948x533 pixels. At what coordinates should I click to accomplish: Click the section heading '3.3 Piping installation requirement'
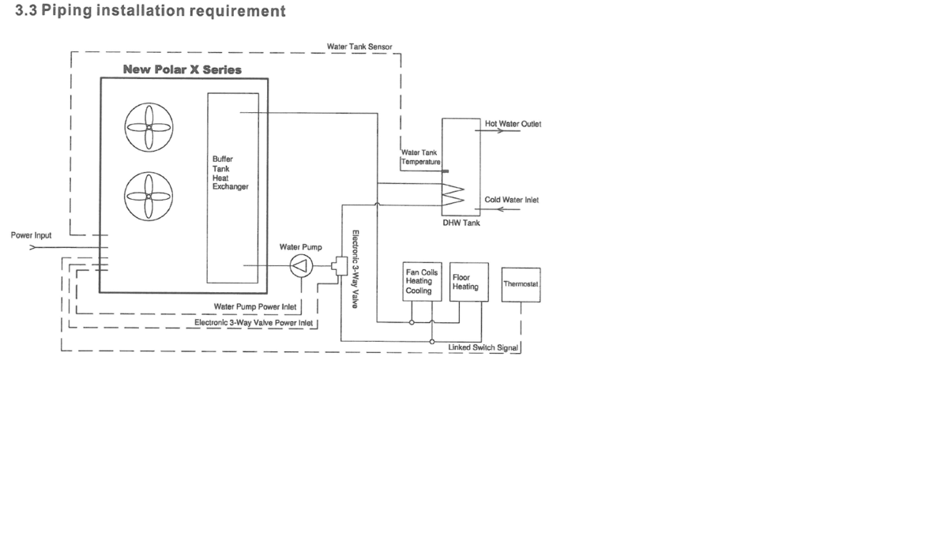pyautogui.click(x=150, y=12)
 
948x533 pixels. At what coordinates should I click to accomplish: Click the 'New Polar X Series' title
pyautogui.click(x=182, y=69)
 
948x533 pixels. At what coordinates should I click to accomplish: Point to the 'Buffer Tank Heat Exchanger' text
pyautogui.click(x=230, y=173)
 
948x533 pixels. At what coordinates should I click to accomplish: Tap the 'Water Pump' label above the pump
pyautogui.click(x=301, y=247)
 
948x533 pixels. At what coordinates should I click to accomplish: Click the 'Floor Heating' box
pyautogui.click(x=465, y=281)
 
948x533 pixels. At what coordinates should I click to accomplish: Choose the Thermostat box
pyautogui.click(x=521, y=283)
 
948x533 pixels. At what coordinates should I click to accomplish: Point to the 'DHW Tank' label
pyautogui.click(x=461, y=223)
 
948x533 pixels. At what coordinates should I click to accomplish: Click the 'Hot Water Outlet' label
pyautogui.click(x=513, y=124)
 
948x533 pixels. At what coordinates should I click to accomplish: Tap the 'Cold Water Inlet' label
pyautogui.click(x=511, y=200)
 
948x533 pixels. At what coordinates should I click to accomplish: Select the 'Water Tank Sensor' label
pyautogui.click(x=359, y=47)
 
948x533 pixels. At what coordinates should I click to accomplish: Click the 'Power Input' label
pyautogui.click(x=31, y=235)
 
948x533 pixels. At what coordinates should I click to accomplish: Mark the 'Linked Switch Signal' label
pyautogui.click(x=483, y=347)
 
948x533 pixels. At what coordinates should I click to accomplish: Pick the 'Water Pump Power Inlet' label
pyautogui.click(x=255, y=306)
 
